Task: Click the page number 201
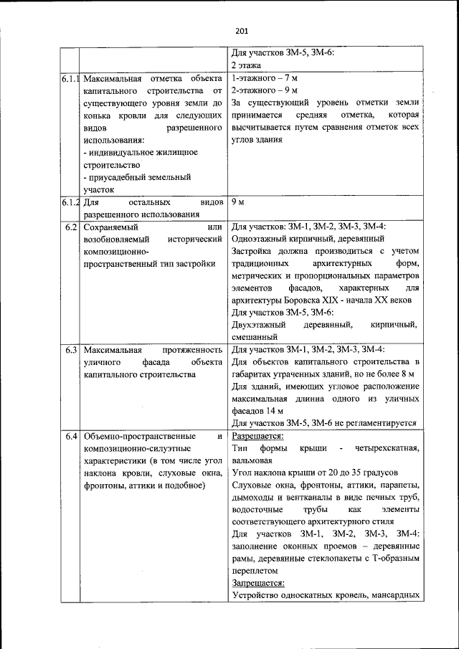pyautogui.click(x=241, y=31)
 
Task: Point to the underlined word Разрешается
pyautogui.click(x=257, y=435)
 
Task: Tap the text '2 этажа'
pyautogui.click(x=245, y=65)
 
